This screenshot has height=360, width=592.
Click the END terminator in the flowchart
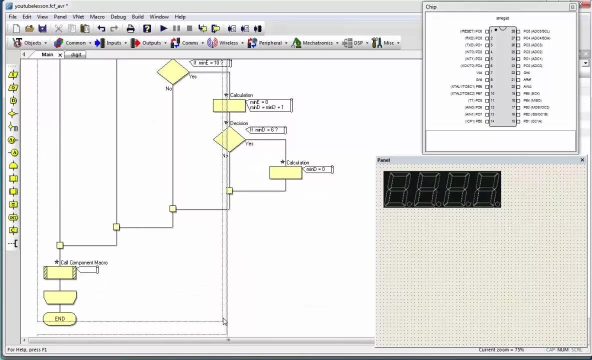click(59, 318)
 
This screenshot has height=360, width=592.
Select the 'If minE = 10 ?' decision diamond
click(172, 71)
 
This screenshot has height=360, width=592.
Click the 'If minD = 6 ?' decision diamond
click(229, 139)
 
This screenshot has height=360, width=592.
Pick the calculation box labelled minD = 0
click(285, 172)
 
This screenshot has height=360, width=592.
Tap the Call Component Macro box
click(60, 272)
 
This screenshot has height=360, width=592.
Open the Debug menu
click(118, 16)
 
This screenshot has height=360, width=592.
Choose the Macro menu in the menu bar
click(97, 16)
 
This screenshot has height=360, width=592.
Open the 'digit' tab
click(76, 54)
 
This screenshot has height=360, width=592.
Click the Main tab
click(47, 54)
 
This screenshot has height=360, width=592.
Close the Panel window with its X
click(582, 160)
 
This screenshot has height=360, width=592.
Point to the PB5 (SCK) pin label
click(531, 93)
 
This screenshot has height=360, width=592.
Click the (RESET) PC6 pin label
click(471, 31)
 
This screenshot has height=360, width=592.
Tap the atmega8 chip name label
click(502, 18)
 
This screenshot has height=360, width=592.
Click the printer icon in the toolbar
click(130, 28)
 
